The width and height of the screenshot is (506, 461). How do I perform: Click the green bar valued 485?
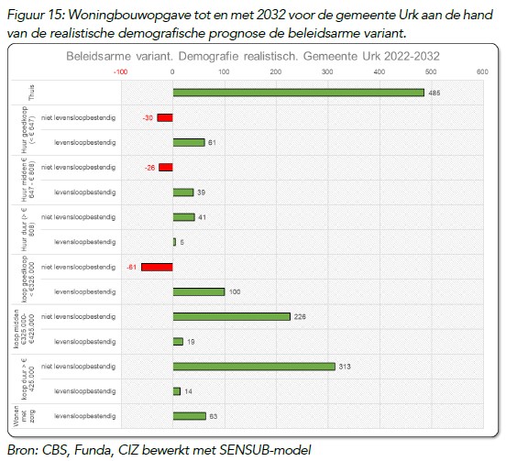299,93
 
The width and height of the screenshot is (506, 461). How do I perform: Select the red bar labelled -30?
165,117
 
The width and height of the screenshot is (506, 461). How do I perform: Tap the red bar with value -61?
157,267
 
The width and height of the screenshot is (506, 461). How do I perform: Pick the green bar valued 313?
254,367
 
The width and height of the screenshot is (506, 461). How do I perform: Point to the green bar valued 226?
232,317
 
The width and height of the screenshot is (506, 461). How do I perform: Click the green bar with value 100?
199,292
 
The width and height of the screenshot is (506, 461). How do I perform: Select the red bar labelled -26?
166,168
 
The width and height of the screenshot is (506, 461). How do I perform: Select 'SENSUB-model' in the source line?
269,449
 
